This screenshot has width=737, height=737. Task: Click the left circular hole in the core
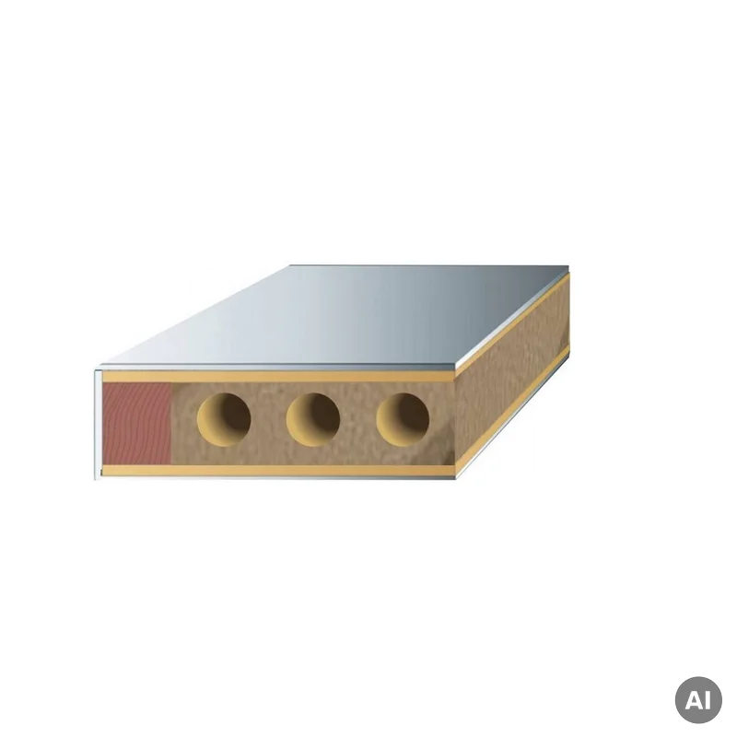click(224, 420)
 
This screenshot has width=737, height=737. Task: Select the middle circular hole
click(313, 420)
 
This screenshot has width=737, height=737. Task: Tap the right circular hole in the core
click(403, 420)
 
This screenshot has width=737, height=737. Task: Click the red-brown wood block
click(136, 423)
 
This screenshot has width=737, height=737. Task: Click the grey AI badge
click(698, 700)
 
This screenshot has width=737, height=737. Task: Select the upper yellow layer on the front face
click(279, 376)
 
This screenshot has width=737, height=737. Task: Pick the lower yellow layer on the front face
click(279, 470)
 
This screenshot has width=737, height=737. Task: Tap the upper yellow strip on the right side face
click(512, 324)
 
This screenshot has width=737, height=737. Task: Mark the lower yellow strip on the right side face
click(512, 411)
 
